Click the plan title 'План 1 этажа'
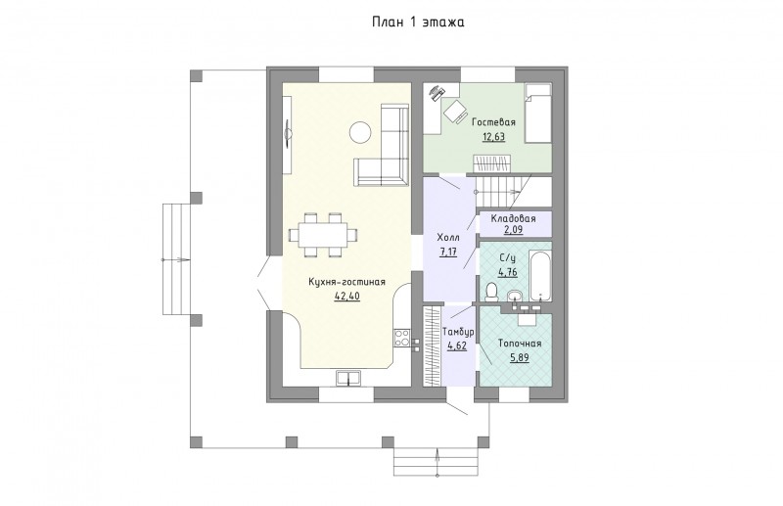[418, 23]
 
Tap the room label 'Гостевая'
[493, 122]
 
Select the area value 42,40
[347, 297]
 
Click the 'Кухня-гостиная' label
[347, 282]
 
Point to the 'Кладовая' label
[513, 219]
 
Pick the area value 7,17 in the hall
[448, 252]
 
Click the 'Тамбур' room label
[458, 332]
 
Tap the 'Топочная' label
[520, 344]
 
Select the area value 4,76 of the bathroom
[507, 272]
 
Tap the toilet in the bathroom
[491, 292]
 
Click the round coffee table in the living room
[359, 132]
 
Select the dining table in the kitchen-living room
[324, 235]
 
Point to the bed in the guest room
[537, 113]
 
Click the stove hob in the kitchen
[402, 338]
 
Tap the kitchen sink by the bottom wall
[348, 379]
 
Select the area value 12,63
[493, 136]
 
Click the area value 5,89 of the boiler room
[520, 357]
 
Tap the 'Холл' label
[448, 237]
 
